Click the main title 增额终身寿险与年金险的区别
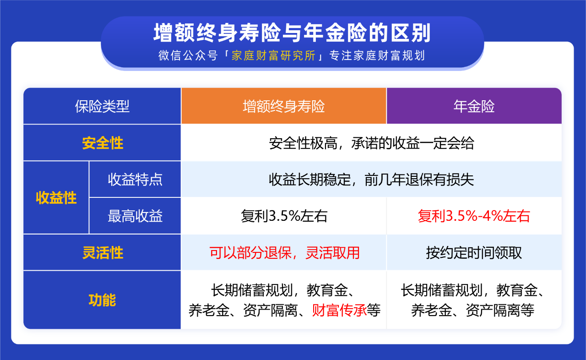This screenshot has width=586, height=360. (x=292, y=34)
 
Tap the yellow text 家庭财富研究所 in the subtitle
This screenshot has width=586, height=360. (x=274, y=56)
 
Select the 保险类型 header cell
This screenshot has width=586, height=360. (x=102, y=107)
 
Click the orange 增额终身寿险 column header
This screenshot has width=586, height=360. (x=284, y=107)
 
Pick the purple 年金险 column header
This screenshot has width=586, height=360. (x=474, y=107)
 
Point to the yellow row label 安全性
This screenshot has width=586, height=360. (x=103, y=143)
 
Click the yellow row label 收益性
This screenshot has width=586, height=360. (x=56, y=198)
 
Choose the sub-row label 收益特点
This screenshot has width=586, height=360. (x=135, y=180)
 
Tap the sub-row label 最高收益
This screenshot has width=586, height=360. (x=135, y=216)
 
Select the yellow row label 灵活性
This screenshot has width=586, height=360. (x=103, y=253)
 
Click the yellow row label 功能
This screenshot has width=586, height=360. (x=102, y=300)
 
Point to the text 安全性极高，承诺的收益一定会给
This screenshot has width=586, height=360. (x=371, y=143)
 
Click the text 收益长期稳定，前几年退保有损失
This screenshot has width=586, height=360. (x=371, y=180)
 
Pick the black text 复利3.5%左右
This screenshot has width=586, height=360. (x=284, y=216)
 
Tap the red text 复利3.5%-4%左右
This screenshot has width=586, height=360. (x=474, y=216)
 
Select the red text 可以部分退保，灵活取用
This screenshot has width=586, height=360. (x=284, y=253)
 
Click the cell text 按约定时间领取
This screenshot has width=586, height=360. (x=474, y=253)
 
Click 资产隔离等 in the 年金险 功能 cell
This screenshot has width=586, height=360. (x=500, y=311)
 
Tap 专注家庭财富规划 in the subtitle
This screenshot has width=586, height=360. (x=377, y=56)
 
